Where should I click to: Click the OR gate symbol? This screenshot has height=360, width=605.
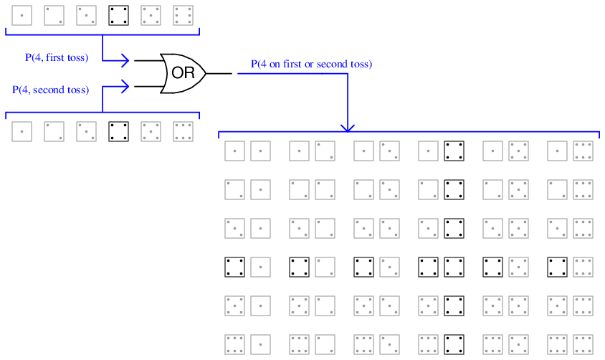pos(184,73)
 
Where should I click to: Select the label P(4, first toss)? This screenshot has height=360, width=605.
pos(57,58)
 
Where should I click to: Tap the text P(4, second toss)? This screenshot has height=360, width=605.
pos(51,90)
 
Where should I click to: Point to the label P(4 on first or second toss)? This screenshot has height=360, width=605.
pos(311,65)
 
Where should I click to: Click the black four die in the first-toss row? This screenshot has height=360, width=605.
pos(118,15)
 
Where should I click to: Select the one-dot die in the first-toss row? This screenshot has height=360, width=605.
pos(22,15)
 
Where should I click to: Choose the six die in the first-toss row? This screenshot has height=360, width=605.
pos(183,15)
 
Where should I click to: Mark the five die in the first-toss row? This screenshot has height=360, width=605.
pos(151,15)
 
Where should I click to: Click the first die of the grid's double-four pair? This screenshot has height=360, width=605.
pos(429,267)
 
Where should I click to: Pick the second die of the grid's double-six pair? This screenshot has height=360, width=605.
pos(583,344)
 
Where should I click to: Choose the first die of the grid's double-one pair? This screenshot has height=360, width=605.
pos(235,151)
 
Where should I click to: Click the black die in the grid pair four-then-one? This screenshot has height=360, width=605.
pos(235,267)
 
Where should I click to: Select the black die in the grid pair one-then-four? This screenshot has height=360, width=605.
pos(454,151)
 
